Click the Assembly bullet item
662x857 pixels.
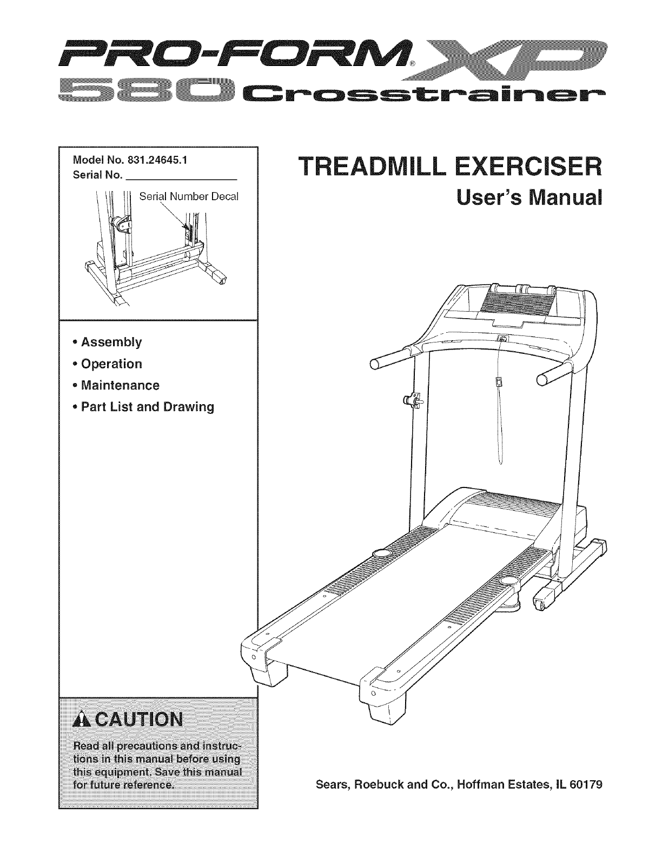(111, 342)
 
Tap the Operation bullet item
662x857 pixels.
(111, 364)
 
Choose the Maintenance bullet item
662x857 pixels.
(120, 385)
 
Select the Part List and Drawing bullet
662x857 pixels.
(147, 407)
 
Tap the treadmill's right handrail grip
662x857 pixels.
(553, 374)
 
